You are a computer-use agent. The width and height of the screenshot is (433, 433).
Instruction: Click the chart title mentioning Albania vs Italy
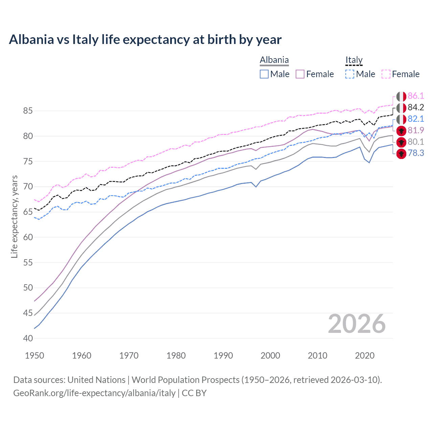(x=145, y=40)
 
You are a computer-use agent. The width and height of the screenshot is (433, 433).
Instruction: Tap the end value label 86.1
(x=416, y=96)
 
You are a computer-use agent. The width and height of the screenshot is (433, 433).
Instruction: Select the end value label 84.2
(x=416, y=108)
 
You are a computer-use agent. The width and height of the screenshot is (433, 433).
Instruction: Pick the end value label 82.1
(x=416, y=119)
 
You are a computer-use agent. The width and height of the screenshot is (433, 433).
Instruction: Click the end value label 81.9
(x=416, y=131)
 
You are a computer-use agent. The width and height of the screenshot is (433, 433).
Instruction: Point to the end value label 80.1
(x=416, y=142)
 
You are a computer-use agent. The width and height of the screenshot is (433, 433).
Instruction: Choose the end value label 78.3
(x=416, y=153)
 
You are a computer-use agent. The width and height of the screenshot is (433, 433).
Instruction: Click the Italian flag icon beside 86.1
(x=401, y=96)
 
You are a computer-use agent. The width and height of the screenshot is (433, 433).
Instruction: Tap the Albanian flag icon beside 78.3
(x=401, y=154)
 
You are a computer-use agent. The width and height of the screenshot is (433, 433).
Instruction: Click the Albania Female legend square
(x=300, y=74)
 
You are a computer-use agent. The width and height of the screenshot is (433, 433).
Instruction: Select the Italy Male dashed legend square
(x=350, y=74)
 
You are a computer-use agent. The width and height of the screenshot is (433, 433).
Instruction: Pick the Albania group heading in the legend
(x=274, y=60)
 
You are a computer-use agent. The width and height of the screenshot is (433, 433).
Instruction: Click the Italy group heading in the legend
(x=354, y=60)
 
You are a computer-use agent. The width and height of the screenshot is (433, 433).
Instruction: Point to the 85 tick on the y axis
(x=28, y=111)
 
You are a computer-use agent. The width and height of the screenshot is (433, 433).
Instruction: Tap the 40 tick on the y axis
(x=28, y=338)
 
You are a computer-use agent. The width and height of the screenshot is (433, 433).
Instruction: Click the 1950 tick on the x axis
(x=35, y=356)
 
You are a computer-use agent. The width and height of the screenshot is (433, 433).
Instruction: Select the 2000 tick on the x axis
(x=270, y=356)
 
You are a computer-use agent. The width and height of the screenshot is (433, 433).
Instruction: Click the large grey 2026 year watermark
(x=357, y=324)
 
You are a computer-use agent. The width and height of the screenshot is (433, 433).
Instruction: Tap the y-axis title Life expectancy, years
(x=15, y=216)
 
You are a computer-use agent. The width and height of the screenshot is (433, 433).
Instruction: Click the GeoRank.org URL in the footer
(x=94, y=393)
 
